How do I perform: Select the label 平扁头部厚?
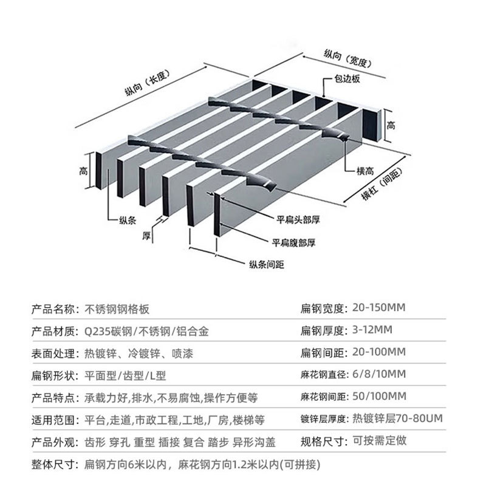pyautogui.click(x=298, y=220)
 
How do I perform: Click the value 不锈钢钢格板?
pyautogui.click(x=115, y=308)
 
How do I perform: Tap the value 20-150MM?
pyautogui.click(x=378, y=308)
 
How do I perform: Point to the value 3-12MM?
pyautogui.click(x=372, y=330)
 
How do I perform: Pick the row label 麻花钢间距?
pyautogui.click(x=324, y=397)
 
